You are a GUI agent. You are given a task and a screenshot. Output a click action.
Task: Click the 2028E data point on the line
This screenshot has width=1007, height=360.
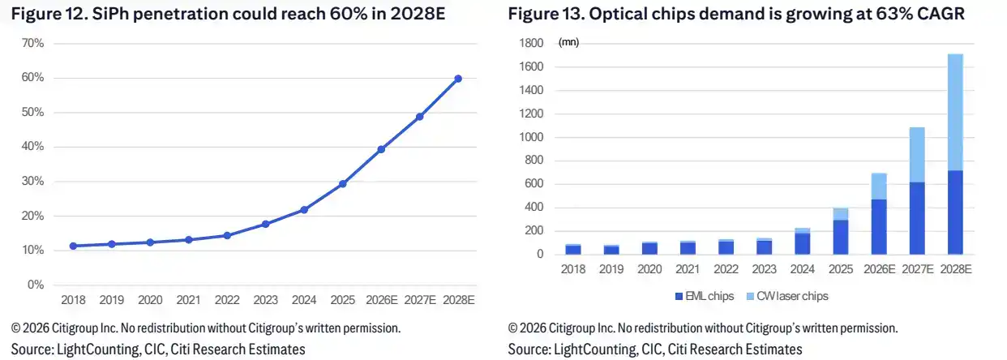click(x=458, y=79)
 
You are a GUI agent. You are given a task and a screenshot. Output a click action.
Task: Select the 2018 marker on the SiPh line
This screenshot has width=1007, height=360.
click(x=73, y=246)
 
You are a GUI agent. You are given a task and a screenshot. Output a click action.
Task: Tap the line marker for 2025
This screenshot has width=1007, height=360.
click(x=343, y=184)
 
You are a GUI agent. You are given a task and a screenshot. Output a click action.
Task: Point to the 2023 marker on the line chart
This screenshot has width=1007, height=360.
click(x=266, y=224)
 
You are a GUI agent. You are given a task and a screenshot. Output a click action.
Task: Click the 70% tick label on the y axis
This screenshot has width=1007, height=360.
click(x=32, y=43)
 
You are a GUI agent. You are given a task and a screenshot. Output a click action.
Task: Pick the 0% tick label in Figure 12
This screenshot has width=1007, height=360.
click(x=36, y=285)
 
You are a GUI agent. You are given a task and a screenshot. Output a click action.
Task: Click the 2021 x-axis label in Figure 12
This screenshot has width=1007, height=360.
click(x=188, y=300)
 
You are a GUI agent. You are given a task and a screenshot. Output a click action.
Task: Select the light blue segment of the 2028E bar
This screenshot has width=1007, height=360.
click(x=955, y=113)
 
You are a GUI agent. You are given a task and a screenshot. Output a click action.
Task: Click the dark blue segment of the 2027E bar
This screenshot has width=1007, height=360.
click(x=917, y=218)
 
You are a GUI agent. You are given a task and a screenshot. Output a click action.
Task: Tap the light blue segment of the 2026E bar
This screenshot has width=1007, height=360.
click(x=879, y=186)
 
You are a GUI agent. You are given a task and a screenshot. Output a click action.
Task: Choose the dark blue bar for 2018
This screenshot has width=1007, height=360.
click(x=573, y=250)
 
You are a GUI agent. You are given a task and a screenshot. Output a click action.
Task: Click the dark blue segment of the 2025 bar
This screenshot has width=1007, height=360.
click(x=841, y=238)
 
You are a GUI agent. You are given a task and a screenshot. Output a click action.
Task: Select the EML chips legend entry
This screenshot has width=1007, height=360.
click(x=705, y=296)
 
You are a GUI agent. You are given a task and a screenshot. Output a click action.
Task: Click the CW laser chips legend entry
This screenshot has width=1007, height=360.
click(x=787, y=296)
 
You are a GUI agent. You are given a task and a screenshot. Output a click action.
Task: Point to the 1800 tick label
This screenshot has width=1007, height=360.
click(x=531, y=43)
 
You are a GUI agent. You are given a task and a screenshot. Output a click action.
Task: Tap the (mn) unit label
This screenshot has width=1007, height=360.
click(x=568, y=42)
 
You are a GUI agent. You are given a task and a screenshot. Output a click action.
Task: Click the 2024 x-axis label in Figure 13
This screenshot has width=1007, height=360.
click(x=803, y=269)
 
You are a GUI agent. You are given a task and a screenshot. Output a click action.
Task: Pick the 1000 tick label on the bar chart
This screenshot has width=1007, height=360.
click(x=531, y=137)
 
